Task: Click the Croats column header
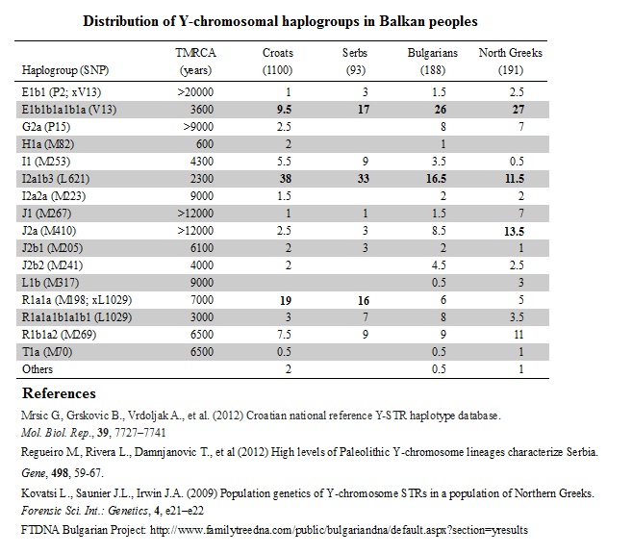point(278,62)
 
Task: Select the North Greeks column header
point(510,62)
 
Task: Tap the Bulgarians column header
point(433,62)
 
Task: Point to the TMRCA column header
point(195,62)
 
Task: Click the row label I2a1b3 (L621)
point(56,179)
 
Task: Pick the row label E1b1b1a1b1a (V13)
point(69,110)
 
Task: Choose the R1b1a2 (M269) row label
point(59,335)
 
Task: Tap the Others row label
point(38,369)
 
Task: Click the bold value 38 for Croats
point(286,179)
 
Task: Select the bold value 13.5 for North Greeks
point(514,231)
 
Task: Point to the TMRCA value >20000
point(195,92)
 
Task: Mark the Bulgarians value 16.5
point(436,179)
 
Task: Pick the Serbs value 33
point(364,179)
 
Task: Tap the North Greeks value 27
point(518,110)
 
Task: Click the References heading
point(59,393)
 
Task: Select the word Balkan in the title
point(400,21)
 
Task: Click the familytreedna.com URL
point(339,530)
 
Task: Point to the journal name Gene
point(33,472)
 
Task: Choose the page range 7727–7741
point(140,433)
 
